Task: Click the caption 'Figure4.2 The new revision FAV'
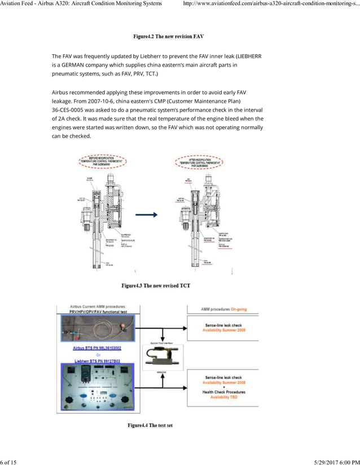coord(168,37)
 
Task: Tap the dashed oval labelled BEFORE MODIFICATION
coord(102,161)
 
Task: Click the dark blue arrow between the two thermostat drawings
coord(146,215)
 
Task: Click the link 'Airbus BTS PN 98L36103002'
coord(97,348)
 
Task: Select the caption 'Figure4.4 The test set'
coord(150,425)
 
